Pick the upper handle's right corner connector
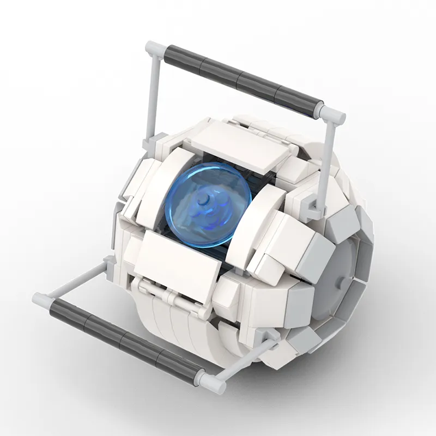coord(332,114)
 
